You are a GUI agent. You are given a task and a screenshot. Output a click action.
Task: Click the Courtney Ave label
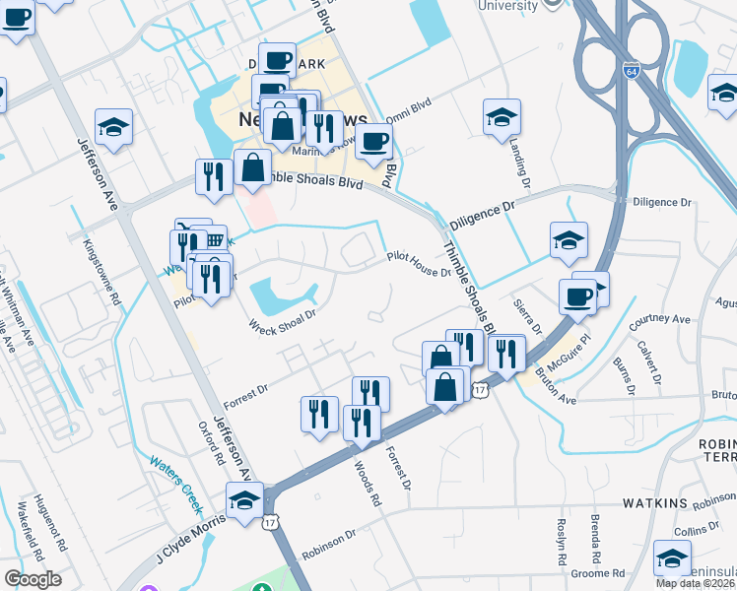pos(660,319)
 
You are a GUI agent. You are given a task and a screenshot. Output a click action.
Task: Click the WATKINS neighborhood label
pos(654,503)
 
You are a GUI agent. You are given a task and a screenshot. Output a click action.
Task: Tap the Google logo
pos(33,579)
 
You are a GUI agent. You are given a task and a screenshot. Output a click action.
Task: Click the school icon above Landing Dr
pos(502,116)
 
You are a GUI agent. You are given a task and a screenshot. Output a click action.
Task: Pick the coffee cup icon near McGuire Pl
pos(577,295)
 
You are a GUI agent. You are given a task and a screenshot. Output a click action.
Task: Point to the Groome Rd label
pos(603,572)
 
